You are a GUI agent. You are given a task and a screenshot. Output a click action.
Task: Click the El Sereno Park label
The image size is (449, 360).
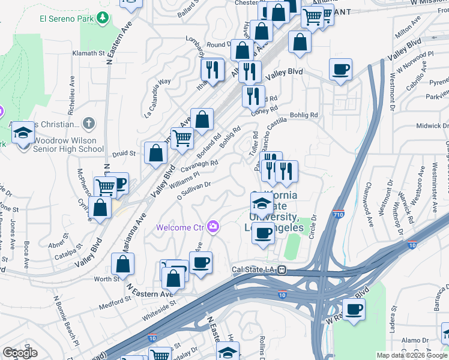click(x=66, y=19)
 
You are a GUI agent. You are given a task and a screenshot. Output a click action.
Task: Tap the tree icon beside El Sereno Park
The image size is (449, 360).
click(x=104, y=19)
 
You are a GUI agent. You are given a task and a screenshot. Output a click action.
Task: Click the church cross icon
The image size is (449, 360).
click(x=88, y=124)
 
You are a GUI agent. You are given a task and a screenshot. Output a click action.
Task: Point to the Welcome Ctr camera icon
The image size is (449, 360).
click(x=212, y=227)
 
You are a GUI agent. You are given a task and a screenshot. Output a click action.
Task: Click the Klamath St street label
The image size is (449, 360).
click(x=89, y=53)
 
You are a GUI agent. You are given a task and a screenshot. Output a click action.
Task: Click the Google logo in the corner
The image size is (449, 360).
click(x=20, y=352)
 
